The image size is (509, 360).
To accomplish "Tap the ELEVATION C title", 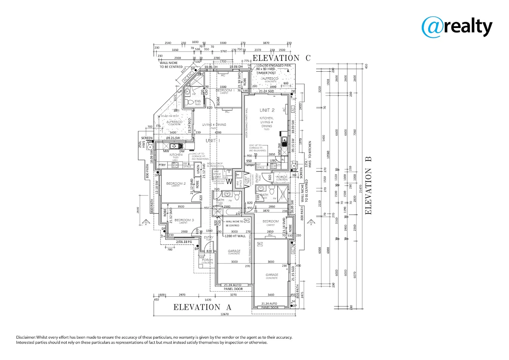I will coord(281,58).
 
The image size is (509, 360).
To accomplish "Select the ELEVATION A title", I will coord(202,307).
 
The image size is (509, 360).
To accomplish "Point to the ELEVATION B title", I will coord(368,185).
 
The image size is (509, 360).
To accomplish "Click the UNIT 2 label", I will coord(267,110).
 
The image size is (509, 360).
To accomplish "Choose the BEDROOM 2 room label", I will coord(176,184).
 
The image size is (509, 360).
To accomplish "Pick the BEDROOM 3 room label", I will coord(184,220).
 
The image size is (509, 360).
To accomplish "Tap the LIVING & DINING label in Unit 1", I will coord(214,125).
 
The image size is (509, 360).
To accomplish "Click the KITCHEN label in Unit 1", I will coord(176,155).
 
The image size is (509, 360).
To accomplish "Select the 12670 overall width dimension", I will coord(225,314).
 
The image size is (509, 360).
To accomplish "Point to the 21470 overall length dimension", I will coord(360,189).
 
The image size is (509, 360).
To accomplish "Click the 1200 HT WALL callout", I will coord(235,236).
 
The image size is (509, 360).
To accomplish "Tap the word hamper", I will coord(250,165).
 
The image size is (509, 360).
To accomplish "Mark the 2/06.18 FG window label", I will coord(184,242).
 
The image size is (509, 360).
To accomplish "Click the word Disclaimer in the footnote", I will coord(26,337).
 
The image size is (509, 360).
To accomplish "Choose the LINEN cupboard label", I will coord(198,169).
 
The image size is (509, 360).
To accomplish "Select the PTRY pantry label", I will coord(162,165).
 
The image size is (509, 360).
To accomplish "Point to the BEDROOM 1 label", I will coord(225,90).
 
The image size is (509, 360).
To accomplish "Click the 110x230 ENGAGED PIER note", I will coord(273,66).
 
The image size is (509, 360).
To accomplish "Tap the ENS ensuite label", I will coord(198,101).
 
